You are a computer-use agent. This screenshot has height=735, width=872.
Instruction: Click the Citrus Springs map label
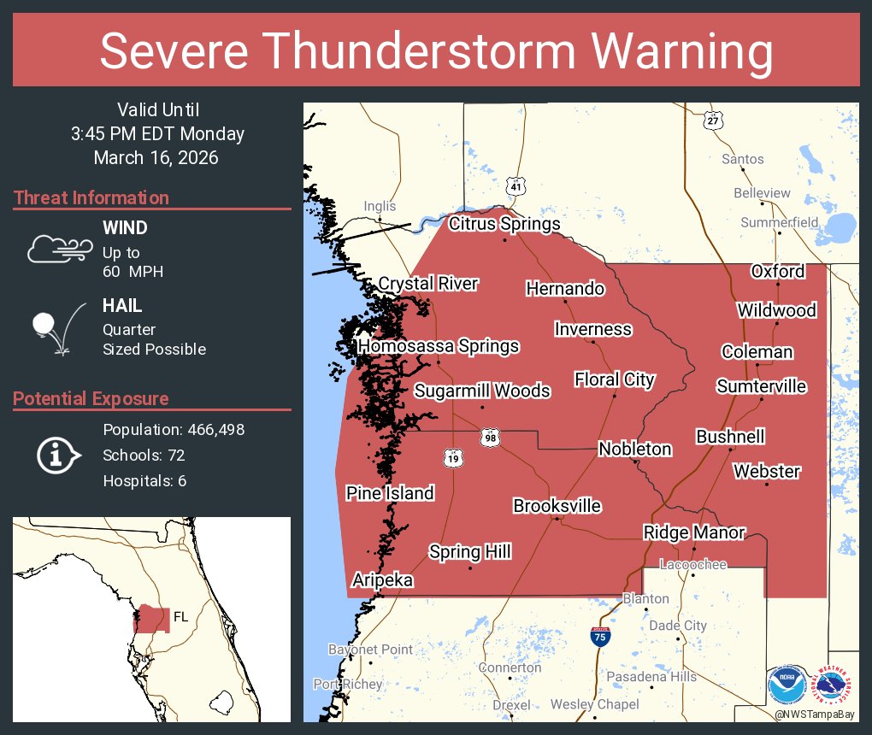(x=504, y=225)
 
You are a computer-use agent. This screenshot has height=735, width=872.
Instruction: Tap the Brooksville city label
(x=557, y=506)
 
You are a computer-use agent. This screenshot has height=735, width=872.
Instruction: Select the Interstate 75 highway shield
(x=600, y=636)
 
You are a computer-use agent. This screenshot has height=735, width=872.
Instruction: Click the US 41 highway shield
(x=515, y=185)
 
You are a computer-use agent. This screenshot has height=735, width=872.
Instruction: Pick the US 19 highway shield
(x=452, y=458)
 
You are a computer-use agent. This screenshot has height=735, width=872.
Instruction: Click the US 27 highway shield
(x=713, y=121)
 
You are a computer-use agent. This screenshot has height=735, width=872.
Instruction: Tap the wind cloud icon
(x=57, y=248)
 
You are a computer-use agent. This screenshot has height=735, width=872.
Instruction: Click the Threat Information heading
(x=91, y=198)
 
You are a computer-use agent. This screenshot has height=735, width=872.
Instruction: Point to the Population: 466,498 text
(x=174, y=429)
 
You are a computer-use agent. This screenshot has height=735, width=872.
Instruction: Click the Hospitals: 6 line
(x=144, y=480)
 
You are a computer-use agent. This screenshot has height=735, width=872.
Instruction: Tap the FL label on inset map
(x=180, y=616)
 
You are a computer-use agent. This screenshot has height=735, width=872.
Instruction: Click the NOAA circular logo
(x=787, y=685)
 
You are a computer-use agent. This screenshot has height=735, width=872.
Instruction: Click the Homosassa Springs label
(x=439, y=346)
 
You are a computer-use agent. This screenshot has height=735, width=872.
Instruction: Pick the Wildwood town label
(x=776, y=310)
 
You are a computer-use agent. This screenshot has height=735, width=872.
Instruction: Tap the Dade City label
(x=678, y=625)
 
